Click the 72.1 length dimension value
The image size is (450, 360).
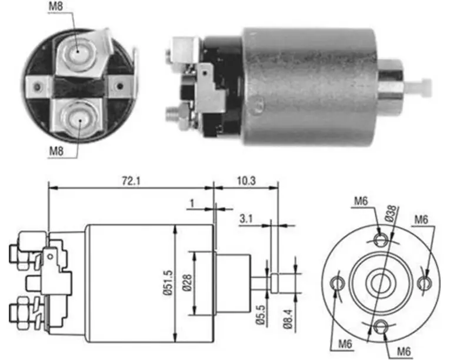(131, 181)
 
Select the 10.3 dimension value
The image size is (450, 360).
(246, 181)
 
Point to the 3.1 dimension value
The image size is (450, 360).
(246, 219)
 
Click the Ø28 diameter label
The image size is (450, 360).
(187, 283)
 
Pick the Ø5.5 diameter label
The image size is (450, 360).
(261, 315)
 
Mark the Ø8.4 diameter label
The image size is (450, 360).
(288, 319)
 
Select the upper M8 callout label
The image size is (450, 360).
(55, 6)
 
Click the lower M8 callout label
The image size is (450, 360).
(56, 151)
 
